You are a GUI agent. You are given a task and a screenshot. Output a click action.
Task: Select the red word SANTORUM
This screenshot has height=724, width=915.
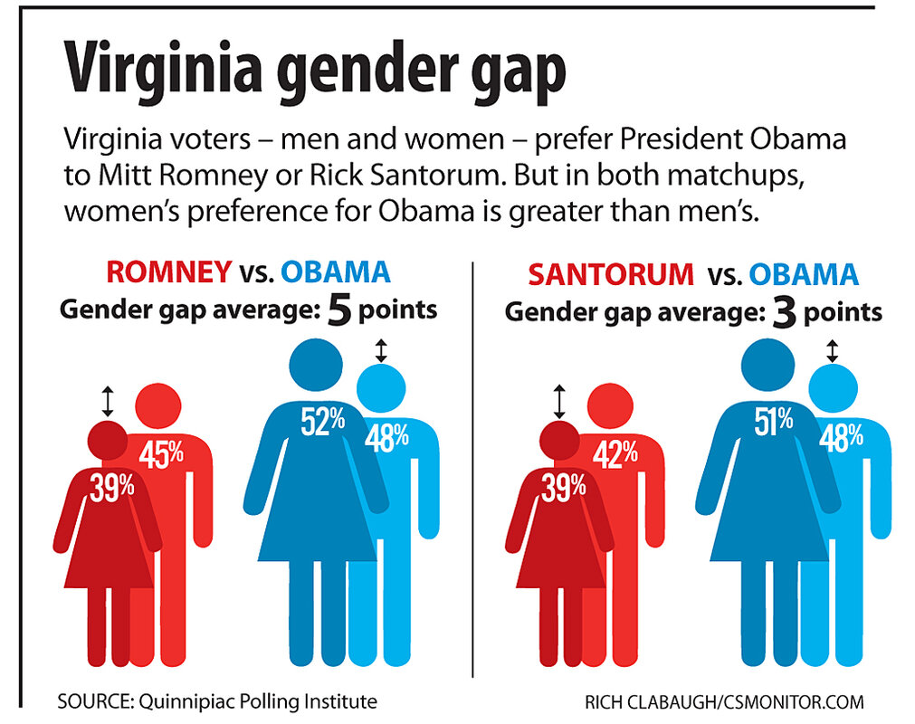pyautogui.click(x=611, y=274)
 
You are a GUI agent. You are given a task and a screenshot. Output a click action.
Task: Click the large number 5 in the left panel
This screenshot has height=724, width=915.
pyautogui.click(x=339, y=310)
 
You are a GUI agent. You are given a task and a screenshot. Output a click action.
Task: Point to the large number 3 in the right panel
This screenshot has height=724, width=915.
pyautogui.click(x=784, y=312)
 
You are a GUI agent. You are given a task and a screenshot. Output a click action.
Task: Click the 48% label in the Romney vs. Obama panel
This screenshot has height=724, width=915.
pyautogui.click(x=386, y=436)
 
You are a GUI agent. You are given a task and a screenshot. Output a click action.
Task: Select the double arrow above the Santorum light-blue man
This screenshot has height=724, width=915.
pyautogui.click(x=832, y=348)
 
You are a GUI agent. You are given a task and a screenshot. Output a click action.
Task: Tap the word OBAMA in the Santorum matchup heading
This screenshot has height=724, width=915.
pyautogui.click(x=804, y=274)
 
